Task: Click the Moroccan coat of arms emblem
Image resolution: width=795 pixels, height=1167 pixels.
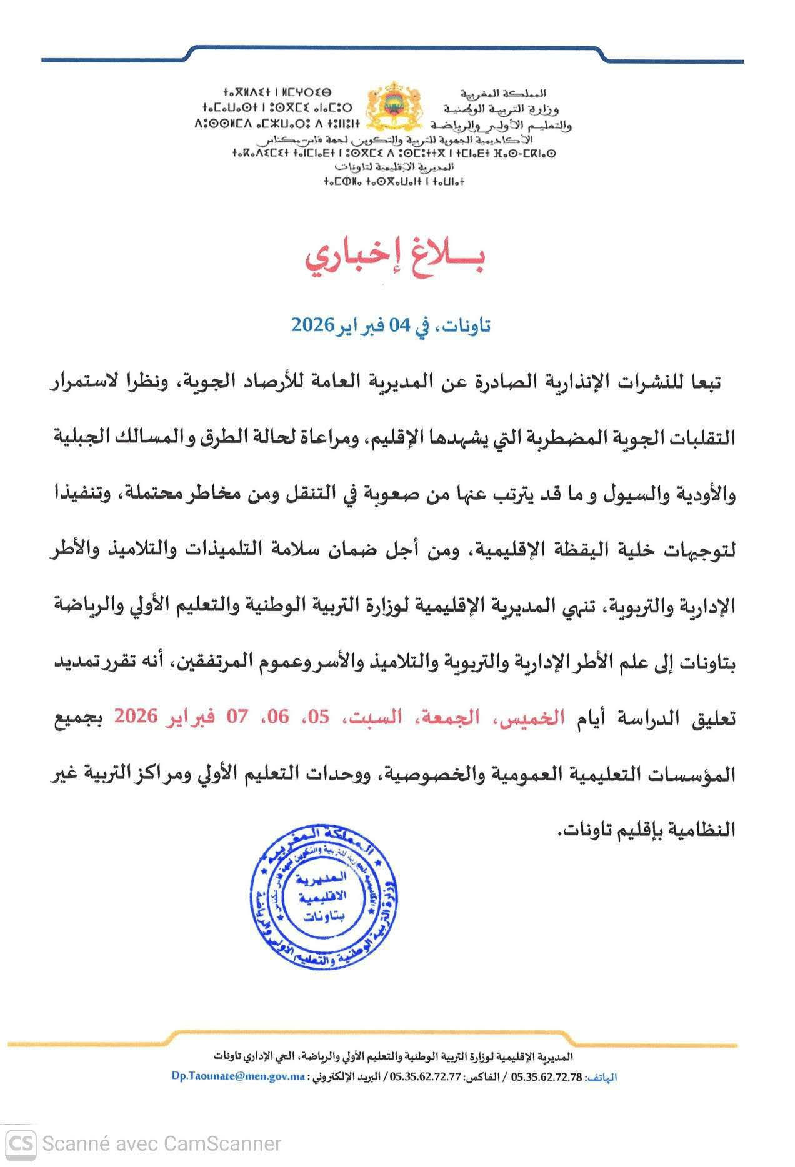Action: (394, 106)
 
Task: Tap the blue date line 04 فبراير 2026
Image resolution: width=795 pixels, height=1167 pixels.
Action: (391, 324)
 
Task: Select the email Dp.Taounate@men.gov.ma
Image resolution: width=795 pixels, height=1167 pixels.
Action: (238, 1076)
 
